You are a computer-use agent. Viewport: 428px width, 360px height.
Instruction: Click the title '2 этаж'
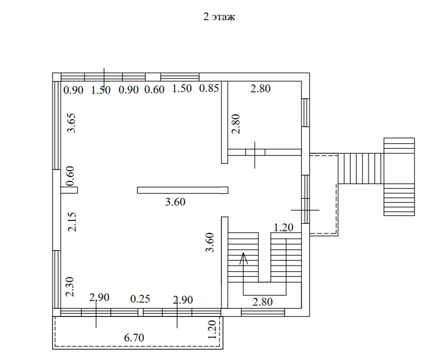(x=219, y=17)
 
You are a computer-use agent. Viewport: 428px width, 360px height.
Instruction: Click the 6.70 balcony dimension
(x=134, y=338)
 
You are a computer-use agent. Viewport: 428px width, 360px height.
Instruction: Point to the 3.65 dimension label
(x=72, y=123)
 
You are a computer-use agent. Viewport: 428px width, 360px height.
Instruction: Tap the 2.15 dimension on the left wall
(x=72, y=222)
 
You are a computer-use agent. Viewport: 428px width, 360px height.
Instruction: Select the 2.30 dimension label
(x=70, y=287)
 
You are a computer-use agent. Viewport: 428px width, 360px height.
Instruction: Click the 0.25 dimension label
(x=140, y=299)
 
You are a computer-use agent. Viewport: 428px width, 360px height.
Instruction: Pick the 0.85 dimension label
(x=209, y=88)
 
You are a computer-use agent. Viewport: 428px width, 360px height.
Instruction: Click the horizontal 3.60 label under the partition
(x=175, y=202)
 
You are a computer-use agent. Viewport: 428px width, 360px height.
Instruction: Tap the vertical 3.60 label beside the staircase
(x=210, y=242)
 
